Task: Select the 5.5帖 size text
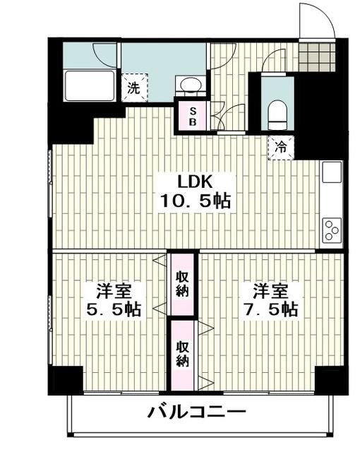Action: click(x=112, y=309)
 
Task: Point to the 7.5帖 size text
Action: click(x=270, y=309)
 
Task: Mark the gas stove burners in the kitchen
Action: click(x=330, y=230)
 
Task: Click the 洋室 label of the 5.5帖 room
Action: click(x=112, y=290)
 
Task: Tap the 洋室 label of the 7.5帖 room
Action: click(x=270, y=290)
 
